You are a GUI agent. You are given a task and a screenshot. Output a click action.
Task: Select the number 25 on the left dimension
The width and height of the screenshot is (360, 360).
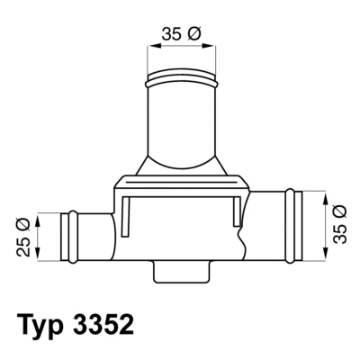tap(24, 244)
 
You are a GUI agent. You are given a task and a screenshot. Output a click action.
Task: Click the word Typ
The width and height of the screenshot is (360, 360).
tap(45, 322)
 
